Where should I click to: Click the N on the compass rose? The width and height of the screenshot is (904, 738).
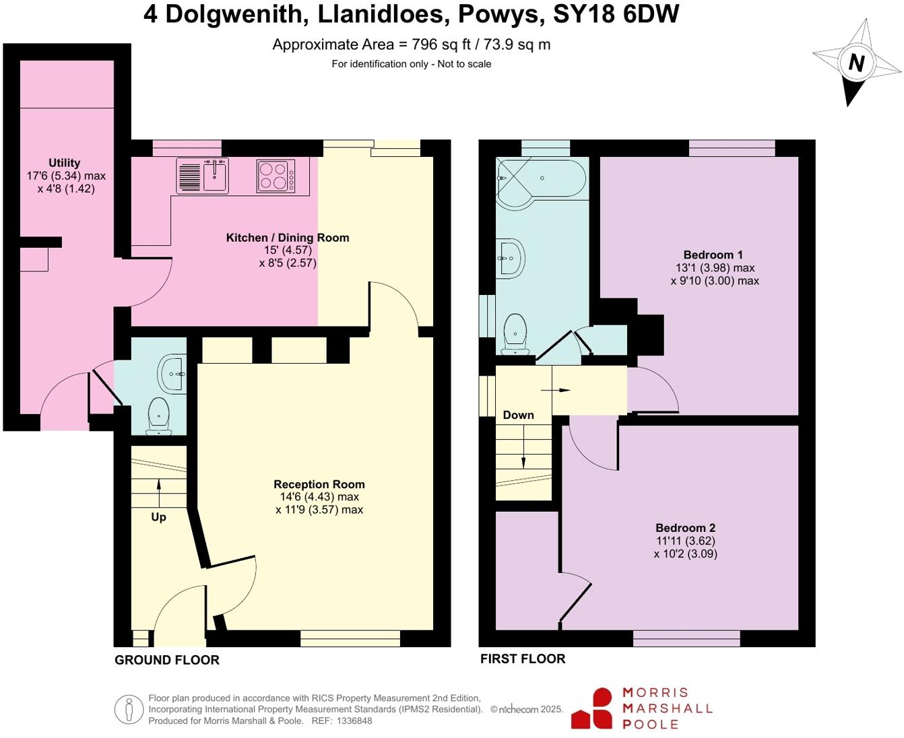856,63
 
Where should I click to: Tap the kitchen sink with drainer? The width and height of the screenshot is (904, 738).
203,175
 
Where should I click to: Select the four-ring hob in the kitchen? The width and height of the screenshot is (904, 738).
276,175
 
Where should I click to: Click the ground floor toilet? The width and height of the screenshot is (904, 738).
158,413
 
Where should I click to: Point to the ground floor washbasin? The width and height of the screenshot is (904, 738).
172,372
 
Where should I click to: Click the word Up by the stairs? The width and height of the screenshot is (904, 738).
158,517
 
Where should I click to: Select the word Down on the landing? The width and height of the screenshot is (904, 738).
518,415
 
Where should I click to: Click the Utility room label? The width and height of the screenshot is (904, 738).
65,162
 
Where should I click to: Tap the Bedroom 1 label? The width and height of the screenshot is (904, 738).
713,255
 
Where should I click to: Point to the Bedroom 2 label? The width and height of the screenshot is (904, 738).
685,528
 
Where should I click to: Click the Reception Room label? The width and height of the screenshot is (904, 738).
319,484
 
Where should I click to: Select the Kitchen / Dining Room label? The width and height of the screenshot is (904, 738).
288,237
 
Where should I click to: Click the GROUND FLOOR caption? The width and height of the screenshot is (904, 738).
167,660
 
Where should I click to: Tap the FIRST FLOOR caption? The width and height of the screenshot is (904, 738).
523,659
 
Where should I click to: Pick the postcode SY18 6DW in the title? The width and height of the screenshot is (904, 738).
616,14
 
